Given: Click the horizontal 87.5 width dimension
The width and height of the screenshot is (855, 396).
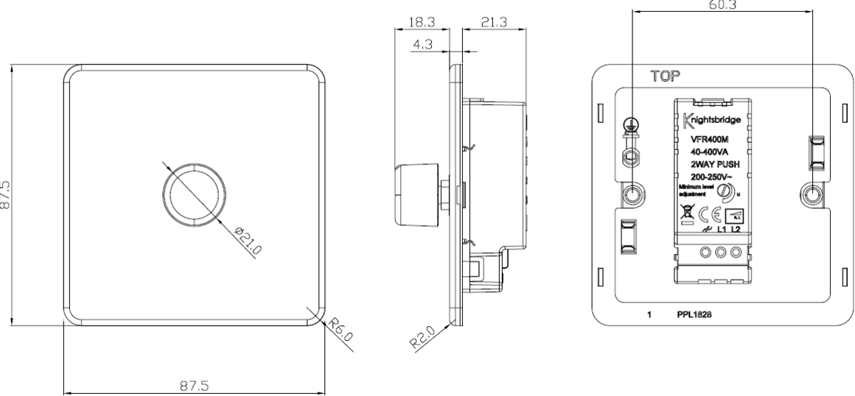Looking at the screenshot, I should (x=194, y=384).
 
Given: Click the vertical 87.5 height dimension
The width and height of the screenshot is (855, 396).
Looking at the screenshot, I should (x=7, y=196).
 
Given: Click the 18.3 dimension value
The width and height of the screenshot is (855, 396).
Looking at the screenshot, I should (x=423, y=23).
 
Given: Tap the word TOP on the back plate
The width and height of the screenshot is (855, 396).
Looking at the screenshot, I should (x=666, y=75).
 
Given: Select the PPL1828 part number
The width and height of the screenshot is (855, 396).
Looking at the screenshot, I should (x=696, y=314).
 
